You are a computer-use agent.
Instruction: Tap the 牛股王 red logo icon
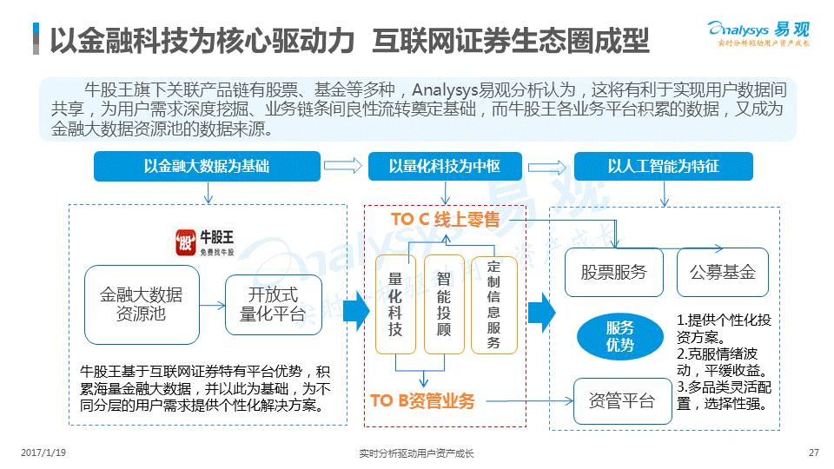pos(184,240)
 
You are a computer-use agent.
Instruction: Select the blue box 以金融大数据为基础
pos(207,166)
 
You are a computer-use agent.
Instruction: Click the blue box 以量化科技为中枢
pos(444,166)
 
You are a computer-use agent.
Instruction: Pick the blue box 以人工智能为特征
pos(663,166)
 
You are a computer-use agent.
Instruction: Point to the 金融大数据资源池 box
pos(141,305)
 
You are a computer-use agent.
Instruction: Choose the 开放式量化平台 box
pos(273,305)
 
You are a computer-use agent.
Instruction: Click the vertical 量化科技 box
pos(395,304)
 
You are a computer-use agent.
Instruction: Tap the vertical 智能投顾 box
pos(444,304)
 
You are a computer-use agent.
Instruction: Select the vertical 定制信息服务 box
pos(493,304)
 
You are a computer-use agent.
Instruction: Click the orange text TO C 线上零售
pos(446,220)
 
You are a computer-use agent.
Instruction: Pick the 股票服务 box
pos(613,272)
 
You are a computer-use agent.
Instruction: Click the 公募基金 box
pos(722,272)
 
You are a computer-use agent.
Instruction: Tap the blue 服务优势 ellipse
pos(620,335)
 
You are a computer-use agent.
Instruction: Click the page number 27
pos(813,452)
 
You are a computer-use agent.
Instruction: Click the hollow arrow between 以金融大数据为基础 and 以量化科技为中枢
pos(344,166)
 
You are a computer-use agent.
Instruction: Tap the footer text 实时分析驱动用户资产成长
pos(416,452)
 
